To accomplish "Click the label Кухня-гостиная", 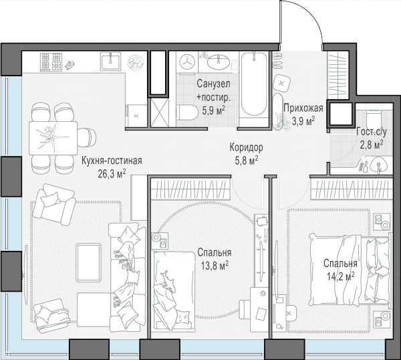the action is [x=112, y=161].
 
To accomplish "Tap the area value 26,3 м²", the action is [x=112, y=174].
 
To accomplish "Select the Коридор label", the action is [x=246, y=147].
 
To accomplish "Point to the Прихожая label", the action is [x=303, y=108].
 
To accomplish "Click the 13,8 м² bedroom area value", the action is [x=215, y=266].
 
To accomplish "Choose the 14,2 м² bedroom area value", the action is [x=340, y=276].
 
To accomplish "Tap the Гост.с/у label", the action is [x=372, y=132].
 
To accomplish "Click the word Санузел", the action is [x=213, y=84].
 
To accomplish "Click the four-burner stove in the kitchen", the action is [x=51, y=62].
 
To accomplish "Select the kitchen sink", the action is [x=110, y=61].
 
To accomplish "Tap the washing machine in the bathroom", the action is [x=187, y=62].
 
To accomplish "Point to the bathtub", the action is [x=254, y=84].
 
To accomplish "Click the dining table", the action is [x=53, y=139].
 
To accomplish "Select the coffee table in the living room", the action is [x=88, y=263].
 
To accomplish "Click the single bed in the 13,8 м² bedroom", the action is [x=173, y=291].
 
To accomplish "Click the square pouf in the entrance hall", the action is [x=282, y=83].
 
